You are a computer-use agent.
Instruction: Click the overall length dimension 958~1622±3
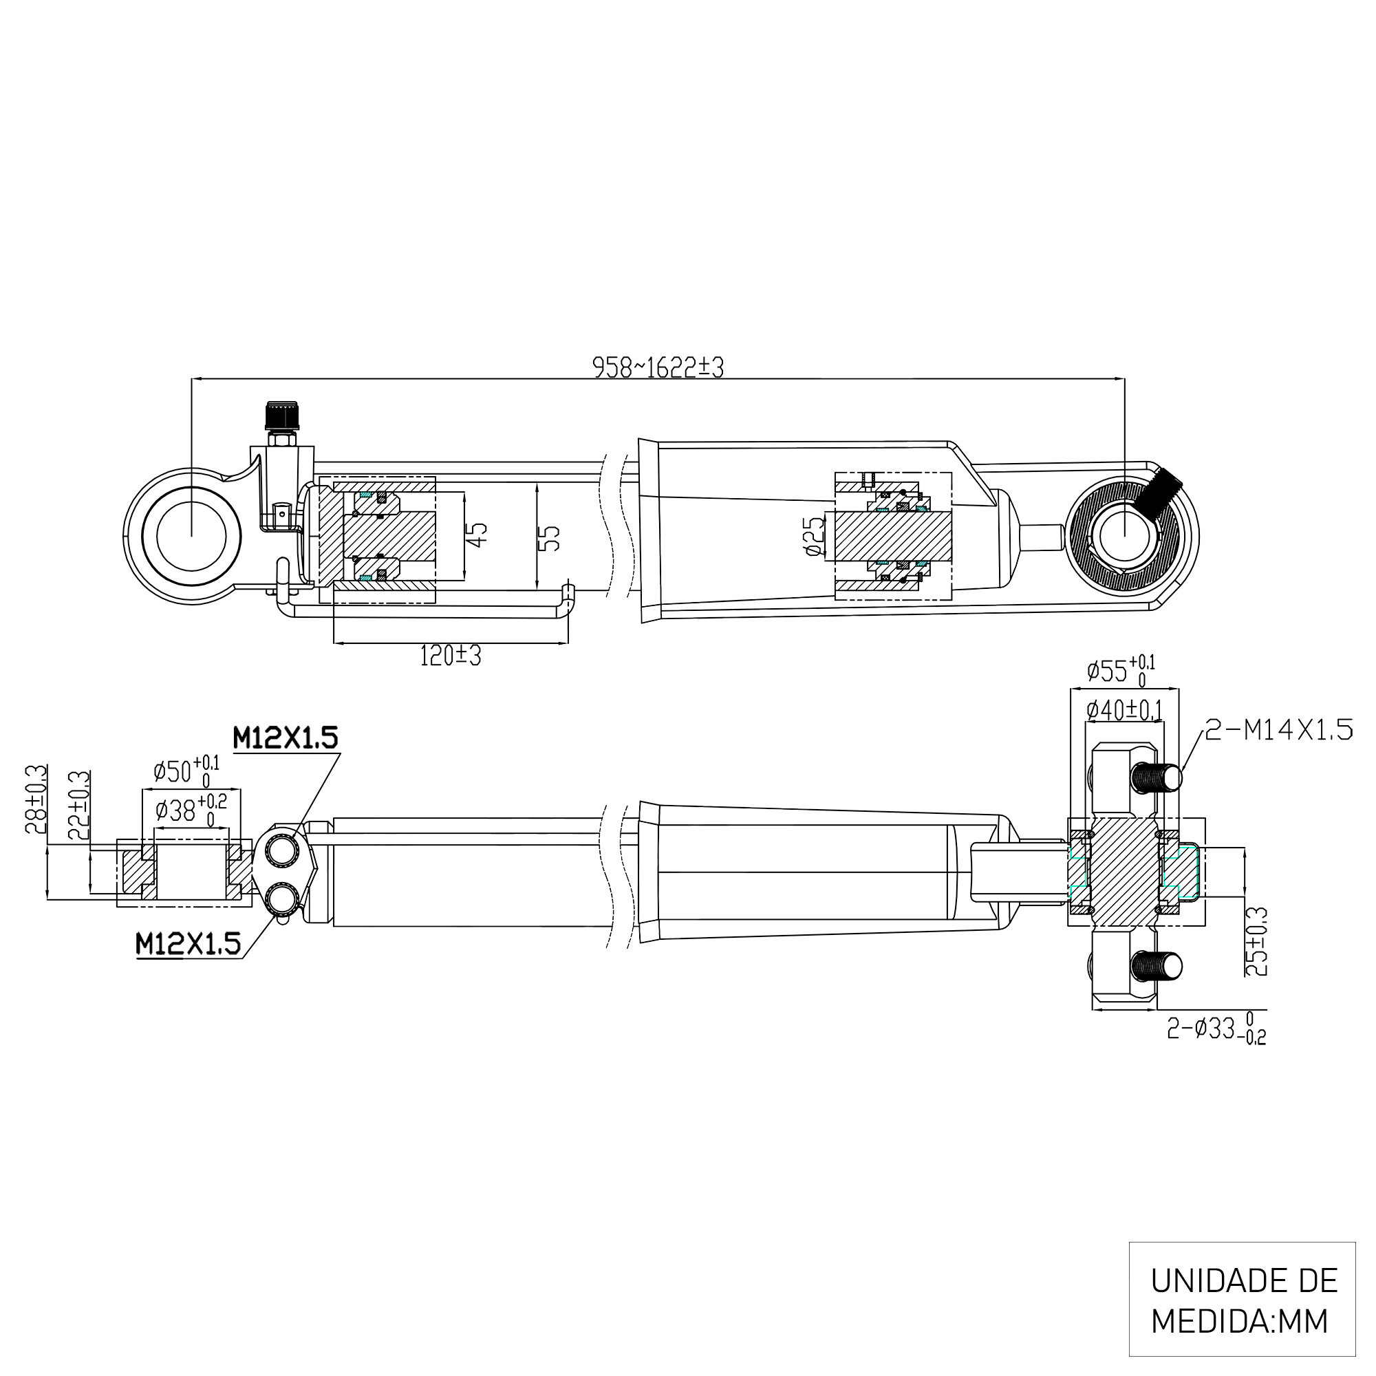coord(658,367)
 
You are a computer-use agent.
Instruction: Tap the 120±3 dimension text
coord(450,656)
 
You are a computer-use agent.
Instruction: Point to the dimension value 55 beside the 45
coord(549,539)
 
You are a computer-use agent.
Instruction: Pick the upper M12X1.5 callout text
coord(285,738)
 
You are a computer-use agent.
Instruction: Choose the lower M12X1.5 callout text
coord(189,945)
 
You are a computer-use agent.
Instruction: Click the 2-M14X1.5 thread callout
coord(1278,730)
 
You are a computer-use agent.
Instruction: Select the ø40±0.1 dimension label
coord(1125,710)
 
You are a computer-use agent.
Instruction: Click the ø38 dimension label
coord(190,810)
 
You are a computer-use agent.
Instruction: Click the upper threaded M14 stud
coord(1155,777)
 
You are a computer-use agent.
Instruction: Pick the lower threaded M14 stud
coord(1155,967)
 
